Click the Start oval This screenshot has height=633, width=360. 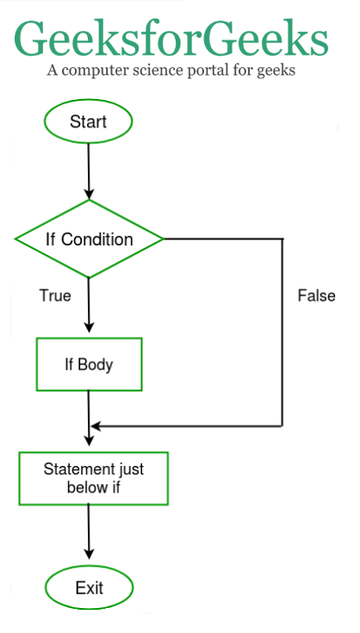coord(89,121)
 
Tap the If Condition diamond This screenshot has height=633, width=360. coord(89,239)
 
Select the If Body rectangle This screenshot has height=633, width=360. coord(90,364)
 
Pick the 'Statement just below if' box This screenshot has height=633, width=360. coord(93,478)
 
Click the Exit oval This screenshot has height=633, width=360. coord(89,587)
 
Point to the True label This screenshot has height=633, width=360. coord(55,295)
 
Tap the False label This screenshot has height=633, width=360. coord(316,296)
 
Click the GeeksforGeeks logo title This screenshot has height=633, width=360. coord(171,39)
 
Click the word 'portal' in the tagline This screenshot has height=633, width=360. coord(208,71)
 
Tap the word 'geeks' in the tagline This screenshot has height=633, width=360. coord(276,71)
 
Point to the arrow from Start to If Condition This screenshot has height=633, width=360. coord(89,171)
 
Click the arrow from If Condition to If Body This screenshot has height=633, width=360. coord(89,305)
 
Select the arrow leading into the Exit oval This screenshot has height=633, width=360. coord(89,532)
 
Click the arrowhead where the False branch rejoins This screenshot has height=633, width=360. coord(96,426)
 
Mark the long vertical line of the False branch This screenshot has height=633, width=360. coord(282,332)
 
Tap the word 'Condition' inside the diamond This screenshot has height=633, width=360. coord(96,239)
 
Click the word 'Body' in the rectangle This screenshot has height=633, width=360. coord(96,365)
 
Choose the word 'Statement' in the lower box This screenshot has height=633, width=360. coord(73,469)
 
